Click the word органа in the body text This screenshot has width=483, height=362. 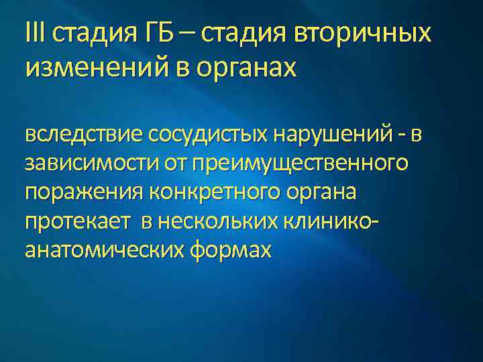click(325, 192)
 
